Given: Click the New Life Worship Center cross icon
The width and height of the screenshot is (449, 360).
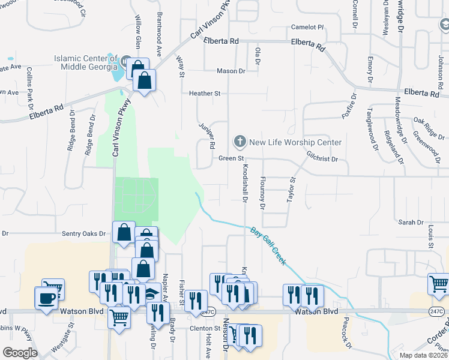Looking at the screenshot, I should click(240, 142).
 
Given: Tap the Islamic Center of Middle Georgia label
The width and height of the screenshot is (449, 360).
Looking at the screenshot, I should click(86, 62).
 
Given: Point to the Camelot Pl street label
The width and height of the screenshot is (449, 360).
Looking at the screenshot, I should click(307, 28).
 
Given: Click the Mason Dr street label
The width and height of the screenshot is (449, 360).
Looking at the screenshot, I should click(231, 71).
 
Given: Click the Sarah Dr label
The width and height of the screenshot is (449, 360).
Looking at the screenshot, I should click(411, 222).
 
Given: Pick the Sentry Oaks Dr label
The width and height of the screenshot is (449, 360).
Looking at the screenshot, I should click(87, 233).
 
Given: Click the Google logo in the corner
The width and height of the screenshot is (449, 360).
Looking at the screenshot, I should click(20, 353).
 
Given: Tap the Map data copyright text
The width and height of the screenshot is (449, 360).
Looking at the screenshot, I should click(423, 355).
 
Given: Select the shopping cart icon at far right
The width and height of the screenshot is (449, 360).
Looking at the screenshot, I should click(439, 283).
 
